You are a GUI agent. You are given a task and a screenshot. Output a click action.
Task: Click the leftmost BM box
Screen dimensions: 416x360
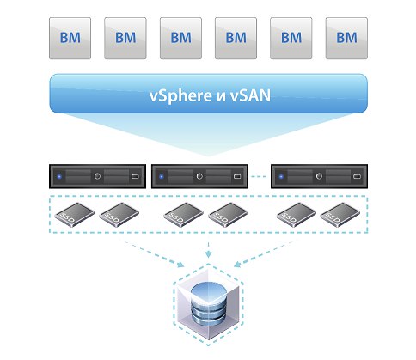[x=70, y=39]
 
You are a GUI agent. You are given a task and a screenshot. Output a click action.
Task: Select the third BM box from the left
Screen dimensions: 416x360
[x=180, y=39]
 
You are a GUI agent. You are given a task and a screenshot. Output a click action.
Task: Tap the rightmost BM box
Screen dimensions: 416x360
[x=346, y=39]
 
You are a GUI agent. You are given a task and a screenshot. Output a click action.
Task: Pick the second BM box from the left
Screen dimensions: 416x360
[x=125, y=39]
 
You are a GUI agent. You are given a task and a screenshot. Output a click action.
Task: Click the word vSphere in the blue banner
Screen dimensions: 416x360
[x=180, y=95]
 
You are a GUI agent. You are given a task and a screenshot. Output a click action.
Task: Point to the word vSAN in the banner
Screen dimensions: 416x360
[x=250, y=95]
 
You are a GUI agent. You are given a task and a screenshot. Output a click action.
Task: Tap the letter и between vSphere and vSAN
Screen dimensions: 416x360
[x=222, y=97]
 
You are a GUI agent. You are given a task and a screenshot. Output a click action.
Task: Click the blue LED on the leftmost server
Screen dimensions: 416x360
[x=59, y=176]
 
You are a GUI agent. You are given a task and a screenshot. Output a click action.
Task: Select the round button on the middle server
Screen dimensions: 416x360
[x=199, y=176]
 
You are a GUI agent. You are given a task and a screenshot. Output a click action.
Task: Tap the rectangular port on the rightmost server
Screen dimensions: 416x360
[x=357, y=176]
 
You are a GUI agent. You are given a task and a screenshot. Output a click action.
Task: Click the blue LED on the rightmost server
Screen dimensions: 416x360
[x=281, y=176]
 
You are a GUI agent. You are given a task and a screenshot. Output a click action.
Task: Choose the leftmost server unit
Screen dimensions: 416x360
[x=97, y=176]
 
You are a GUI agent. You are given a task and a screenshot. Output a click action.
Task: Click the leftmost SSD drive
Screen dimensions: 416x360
[x=74, y=215]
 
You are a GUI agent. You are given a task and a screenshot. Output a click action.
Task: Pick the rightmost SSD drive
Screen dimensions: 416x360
[x=340, y=215]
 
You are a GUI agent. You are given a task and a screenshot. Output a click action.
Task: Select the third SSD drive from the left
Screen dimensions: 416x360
[x=183, y=215]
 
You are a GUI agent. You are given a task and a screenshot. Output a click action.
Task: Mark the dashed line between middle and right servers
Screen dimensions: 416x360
[x=259, y=176]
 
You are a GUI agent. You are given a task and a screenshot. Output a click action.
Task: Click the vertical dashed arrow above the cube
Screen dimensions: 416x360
[x=208, y=250]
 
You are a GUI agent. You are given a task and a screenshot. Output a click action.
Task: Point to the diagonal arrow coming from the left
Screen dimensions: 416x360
[x=155, y=254]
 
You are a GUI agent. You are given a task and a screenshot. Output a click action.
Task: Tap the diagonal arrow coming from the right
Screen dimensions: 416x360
[x=263, y=254]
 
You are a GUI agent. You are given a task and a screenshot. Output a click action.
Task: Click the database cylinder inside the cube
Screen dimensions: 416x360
[x=208, y=304]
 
